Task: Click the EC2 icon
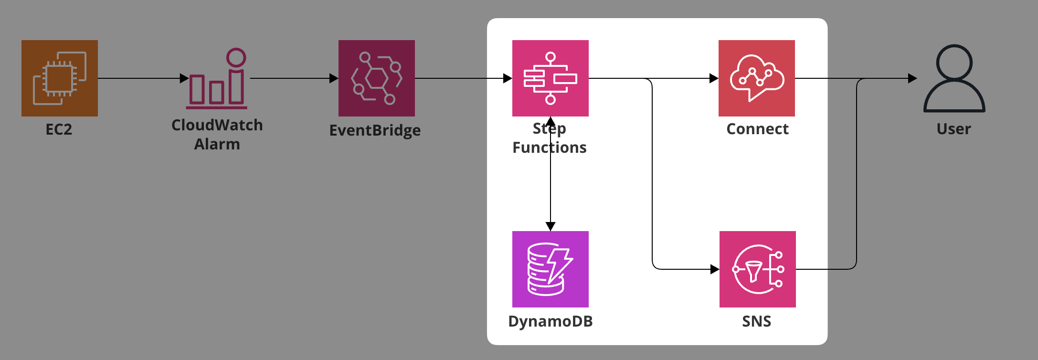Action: (60, 78)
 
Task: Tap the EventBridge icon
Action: (377, 78)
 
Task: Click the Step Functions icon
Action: (551, 78)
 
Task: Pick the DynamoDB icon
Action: (551, 269)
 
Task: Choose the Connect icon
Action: (757, 78)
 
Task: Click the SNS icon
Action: (758, 269)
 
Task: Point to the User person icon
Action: (954, 78)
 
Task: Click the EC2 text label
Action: (59, 129)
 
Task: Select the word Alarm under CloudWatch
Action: (217, 144)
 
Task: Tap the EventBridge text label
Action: (375, 130)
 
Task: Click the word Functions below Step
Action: (550, 148)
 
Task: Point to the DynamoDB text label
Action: (551, 321)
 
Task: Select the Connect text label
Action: (757, 129)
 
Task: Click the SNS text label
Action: (757, 321)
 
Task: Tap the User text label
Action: (953, 129)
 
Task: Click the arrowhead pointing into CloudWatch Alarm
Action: (184, 78)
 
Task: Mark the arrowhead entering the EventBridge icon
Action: (334, 78)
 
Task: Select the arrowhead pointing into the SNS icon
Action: (715, 269)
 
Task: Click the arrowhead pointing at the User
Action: (912, 78)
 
